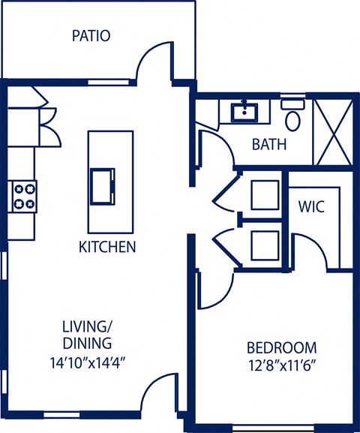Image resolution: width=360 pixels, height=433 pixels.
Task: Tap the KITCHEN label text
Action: coord(107,246)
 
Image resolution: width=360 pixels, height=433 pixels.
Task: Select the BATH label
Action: coord(268,144)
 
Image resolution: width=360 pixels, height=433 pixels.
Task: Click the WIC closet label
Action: coord(311,206)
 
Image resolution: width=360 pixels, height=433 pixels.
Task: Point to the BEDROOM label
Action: coord(282,348)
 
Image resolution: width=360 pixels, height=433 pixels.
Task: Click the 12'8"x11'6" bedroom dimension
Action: coord(282,367)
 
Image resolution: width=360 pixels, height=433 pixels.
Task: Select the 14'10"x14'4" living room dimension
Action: coord(87,361)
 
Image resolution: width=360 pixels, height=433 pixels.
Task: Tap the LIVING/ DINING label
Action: coord(87,334)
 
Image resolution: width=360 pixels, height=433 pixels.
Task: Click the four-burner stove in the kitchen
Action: coord(23,196)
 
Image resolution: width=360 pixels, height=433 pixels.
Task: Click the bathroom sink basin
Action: coord(244,113)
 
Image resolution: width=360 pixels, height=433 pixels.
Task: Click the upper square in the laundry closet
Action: coord(264,194)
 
